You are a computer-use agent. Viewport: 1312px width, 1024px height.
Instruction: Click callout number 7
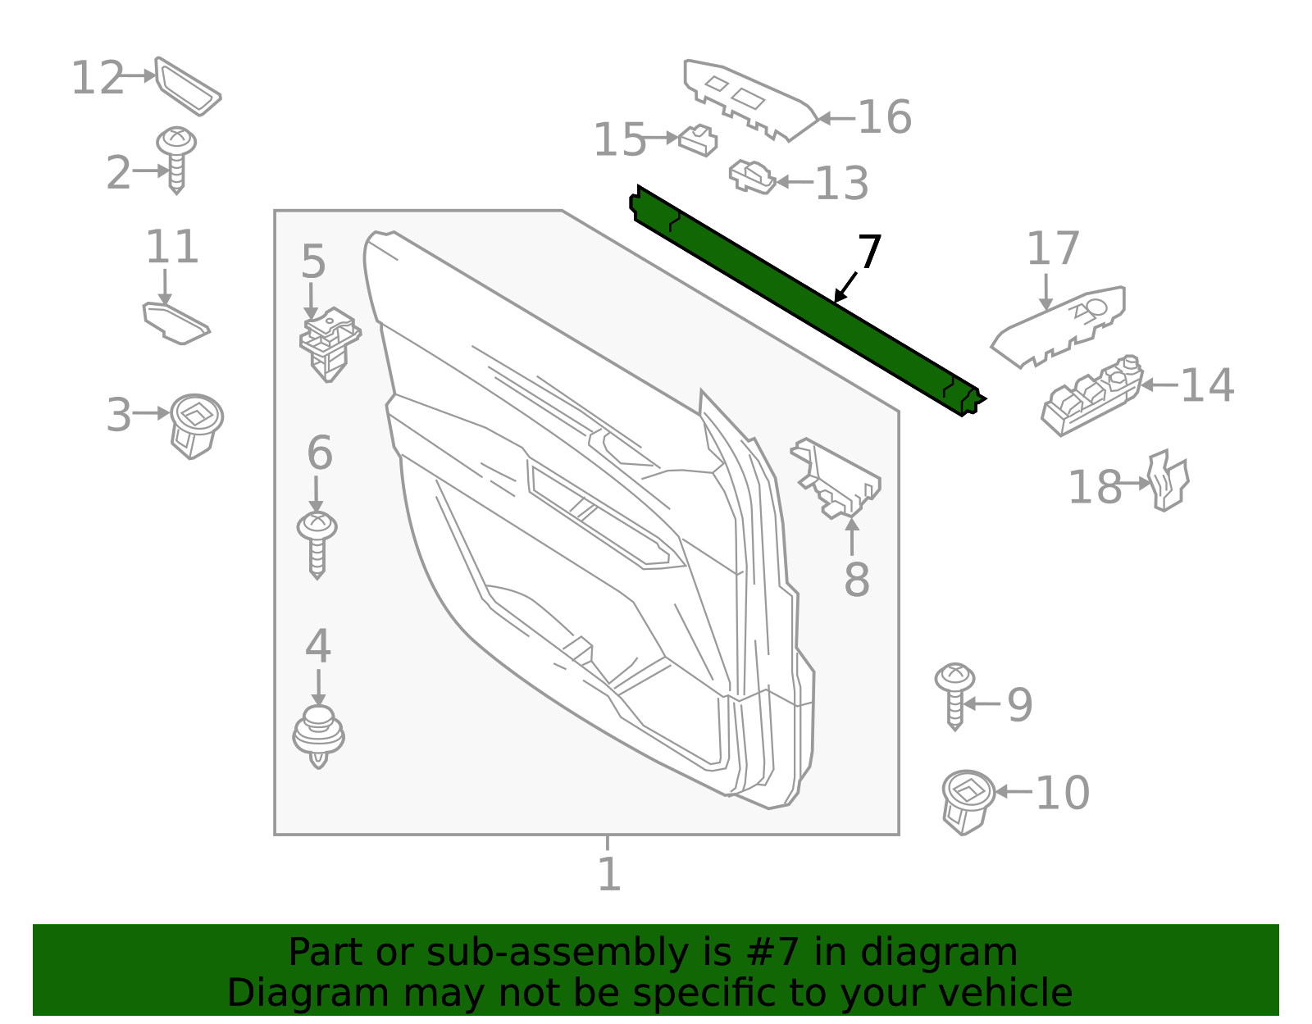[x=869, y=253]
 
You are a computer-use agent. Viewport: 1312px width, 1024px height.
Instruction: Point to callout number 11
[x=172, y=247]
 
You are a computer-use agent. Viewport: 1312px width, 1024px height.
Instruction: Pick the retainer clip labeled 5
[x=330, y=342]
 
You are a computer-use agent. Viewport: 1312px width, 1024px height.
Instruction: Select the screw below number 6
[x=317, y=543]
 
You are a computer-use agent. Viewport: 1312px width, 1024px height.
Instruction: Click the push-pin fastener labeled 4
[x=318, y=734]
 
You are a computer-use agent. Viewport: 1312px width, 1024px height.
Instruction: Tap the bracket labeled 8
[x=836, y=479]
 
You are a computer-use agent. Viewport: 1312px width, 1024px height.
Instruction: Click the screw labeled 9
[x=954, y=694]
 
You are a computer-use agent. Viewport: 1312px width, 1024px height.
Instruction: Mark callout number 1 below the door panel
[x=608, y=875]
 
